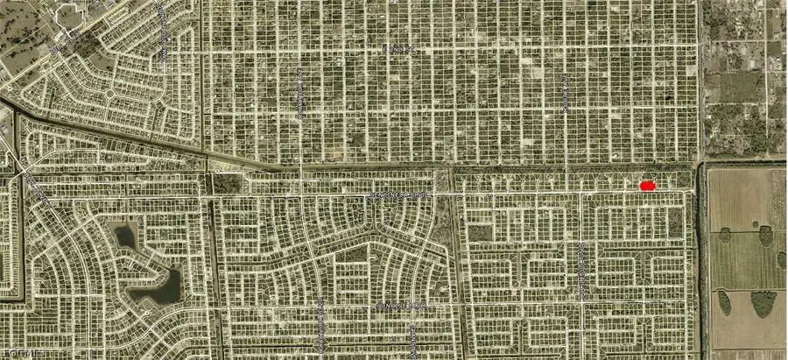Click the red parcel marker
(x=648, y=186)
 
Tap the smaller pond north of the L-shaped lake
(x=125, y=235)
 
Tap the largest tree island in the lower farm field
(x=763, y=303)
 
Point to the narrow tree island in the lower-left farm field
(x=724, y=302)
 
